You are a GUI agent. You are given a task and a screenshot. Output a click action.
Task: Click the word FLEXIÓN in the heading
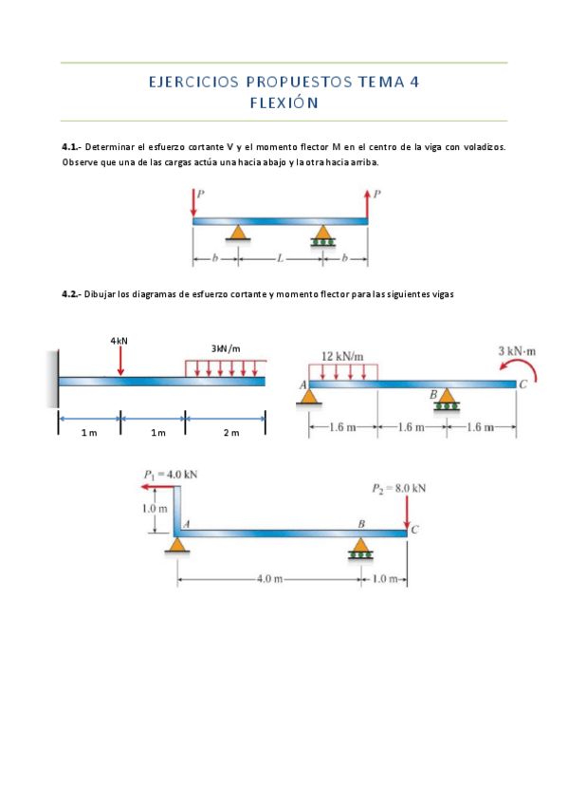click(x=284, y=103)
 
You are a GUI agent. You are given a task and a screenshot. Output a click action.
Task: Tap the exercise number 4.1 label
click(x=70, y=147)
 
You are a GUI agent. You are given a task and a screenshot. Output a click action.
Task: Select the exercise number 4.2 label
click(x=70, y=294)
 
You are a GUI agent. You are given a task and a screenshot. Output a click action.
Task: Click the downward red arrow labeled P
click(x=193, y=202)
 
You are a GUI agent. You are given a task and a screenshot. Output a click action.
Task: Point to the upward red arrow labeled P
click(x=367, y=204)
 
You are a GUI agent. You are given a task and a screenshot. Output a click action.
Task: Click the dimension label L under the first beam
click(x=280, y=259)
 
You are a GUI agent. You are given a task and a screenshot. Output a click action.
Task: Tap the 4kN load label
click(x=119, y=341)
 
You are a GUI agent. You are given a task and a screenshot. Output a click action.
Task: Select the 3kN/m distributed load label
click(x=226, y=349)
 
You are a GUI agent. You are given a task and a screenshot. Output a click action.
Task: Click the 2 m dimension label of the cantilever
click(x=231, y=433)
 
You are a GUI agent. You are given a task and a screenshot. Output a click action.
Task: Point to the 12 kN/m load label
click(x=342, y=356)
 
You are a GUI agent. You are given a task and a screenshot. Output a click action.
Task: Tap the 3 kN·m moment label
click(x=517, y=351)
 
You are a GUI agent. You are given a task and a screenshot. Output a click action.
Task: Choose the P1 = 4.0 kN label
click(x=171, y=475)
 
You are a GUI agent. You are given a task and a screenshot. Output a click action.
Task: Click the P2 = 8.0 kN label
click(x=399, y=488)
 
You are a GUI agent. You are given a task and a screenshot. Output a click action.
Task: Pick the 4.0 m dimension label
click(x=269, y=579)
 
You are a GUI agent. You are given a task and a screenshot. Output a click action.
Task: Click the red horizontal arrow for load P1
click(x=158, y=486)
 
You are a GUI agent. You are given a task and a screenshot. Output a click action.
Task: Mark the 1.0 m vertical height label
click(x=155, y=509)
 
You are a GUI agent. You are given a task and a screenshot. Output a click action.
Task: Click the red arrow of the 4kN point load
click(x=120, y=361)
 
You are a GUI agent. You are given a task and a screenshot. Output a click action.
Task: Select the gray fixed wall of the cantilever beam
click(x=52, y=379)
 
